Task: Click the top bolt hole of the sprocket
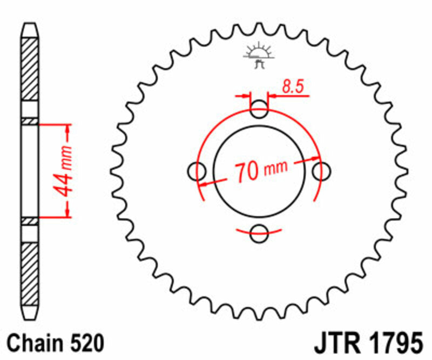click(x=260, y=110)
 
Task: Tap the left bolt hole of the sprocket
click(x=197, y=171)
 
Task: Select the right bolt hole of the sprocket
click(x=322, y=171)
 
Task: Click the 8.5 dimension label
click(x=292, y=86)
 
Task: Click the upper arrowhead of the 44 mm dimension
click(x=68, y=130)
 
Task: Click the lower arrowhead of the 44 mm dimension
click(x=68, y=212)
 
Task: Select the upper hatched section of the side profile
click(x=30, y=70)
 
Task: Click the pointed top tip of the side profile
click(x=30, y=25)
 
